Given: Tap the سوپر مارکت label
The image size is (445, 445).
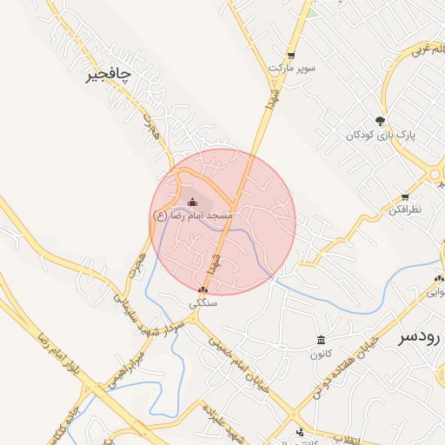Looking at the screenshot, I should (x=292, y=67).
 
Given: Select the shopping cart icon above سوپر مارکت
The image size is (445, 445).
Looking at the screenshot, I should (x=291, y=54).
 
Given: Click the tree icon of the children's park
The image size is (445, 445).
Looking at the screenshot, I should (x=380, y=121).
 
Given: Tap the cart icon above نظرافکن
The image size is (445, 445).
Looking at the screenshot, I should (x=405, y=197).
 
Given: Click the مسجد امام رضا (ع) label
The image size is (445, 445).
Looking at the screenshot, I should (x=192, y=214).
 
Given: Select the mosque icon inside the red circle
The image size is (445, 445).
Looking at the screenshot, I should (x=192, y=202).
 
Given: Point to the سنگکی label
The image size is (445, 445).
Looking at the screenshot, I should (x=203, y=304).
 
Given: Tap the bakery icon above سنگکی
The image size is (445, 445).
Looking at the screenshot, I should (x=203, y=290).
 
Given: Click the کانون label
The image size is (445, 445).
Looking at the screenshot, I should (x=320, y=354).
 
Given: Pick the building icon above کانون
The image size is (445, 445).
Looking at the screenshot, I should (x=321, y=340).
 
